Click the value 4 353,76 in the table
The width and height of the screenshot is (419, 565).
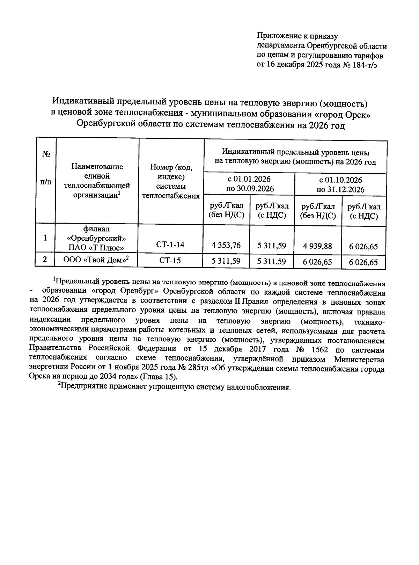226,245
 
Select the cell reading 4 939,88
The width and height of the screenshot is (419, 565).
318,246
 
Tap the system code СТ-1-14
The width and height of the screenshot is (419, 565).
170,245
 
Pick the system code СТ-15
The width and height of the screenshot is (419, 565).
170,260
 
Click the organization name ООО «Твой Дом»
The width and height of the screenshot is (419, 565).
96,259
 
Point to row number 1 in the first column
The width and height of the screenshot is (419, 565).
45,238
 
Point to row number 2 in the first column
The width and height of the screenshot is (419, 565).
45,259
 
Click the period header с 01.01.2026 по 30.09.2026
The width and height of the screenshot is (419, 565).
249,184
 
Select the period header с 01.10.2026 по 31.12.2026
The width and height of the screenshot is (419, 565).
340,185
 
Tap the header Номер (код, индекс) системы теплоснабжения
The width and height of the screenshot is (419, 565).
171,181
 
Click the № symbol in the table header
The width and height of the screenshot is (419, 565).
45,154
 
